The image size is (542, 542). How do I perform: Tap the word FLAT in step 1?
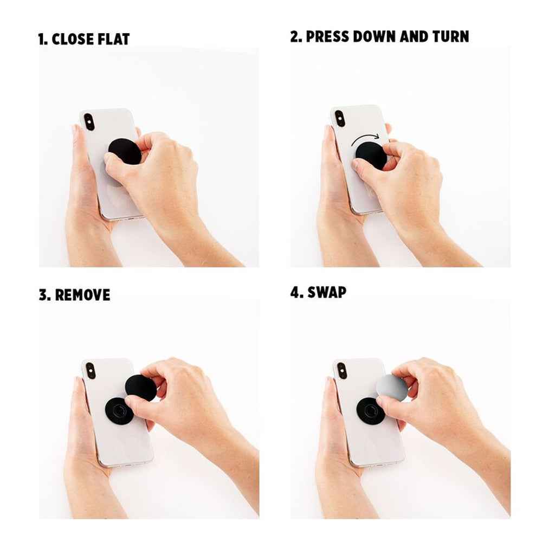[x=114, y=39]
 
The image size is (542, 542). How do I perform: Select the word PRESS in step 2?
[x=327, y=37]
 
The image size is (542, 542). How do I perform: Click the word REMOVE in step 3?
[x=82, y=295]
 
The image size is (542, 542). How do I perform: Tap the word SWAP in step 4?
[x=327, y=293]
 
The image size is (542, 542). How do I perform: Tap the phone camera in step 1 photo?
[x=89, y=122]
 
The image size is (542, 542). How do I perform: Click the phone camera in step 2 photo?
[x=340, y=119]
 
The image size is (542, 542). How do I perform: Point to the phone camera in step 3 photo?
[x=91, y=371]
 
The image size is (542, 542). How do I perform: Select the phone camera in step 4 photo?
[x=342, y=371]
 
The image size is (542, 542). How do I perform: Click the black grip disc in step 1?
[x=125, y=151]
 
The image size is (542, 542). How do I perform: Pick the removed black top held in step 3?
[x=141, y=388]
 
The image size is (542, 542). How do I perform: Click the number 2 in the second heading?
[x=295, y=37]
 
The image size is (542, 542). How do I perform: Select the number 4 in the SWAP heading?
[x=296, y=293]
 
